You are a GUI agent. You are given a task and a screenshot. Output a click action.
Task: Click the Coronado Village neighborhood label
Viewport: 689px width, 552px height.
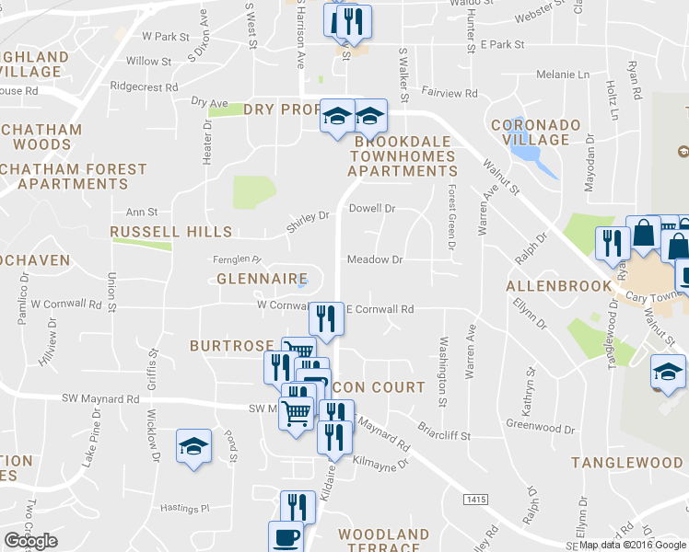click(x=535, y=132)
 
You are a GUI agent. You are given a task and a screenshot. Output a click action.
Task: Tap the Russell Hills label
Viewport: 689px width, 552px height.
click(x=170, y=232)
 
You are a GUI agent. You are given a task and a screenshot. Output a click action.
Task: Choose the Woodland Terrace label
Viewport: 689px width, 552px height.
click(x=383, y=541)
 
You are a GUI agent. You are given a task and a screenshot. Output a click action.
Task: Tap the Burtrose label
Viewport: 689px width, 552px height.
click(x=231, y=346)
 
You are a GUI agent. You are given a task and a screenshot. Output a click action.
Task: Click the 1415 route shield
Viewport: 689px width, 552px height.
click(x=475, y=498)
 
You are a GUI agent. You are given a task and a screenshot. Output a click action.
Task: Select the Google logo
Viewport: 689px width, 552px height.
click(x=30, y=541)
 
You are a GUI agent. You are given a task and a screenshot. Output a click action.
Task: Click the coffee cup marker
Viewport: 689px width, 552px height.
click(x=285, y=536)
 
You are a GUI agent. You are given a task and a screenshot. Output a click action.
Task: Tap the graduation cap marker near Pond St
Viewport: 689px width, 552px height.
click(x=193, y=446)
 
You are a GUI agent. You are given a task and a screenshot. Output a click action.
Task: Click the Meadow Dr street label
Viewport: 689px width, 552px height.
click(x=375, y=260)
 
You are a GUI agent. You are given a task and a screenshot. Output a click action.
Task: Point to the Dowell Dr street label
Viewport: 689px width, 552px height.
click(x=372, y=209)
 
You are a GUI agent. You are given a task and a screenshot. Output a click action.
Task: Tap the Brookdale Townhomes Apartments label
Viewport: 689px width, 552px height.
click(x=403, y=156)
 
